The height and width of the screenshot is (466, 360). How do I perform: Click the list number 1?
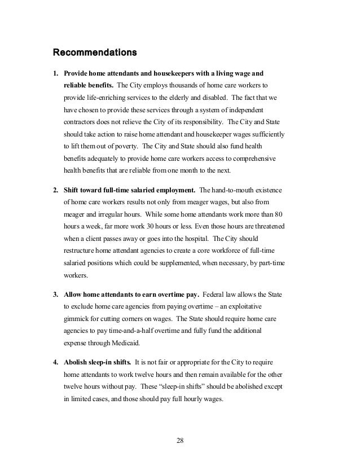coord(55,73)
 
